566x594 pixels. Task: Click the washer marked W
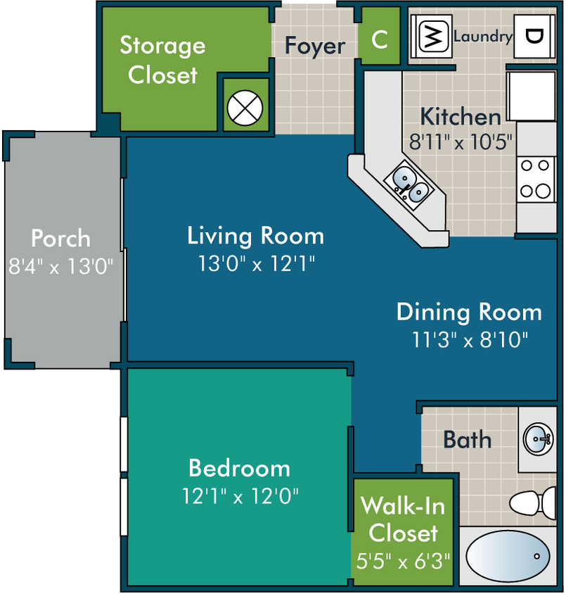[x=432, y=36]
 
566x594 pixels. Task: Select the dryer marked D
[x=534, y=37]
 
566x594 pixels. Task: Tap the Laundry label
[x=483, y=37]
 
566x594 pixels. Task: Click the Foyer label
[x=315, y=46]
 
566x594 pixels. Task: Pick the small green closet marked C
[x=379, y=36]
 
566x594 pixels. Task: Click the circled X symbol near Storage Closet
[x=245, y=108]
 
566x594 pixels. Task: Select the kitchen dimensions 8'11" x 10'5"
[x=461, y=142]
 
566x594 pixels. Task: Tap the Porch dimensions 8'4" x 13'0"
[x=61, y=266]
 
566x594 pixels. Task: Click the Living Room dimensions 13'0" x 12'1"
[x=256, y=263]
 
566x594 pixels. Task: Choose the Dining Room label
[x=469, y=312]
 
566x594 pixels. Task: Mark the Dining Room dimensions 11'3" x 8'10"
[x=470, y=339]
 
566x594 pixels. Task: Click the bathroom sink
[x=538, y=439]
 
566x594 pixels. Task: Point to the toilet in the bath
[x=532, y=503]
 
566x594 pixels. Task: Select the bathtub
[x=508, y=556]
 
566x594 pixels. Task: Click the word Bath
[x=468, y=439]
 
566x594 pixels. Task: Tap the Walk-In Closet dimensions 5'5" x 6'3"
[x=404, y=561]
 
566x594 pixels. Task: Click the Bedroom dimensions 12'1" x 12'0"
[x=240, y=495]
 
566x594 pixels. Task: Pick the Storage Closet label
[x=162, y=60]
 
